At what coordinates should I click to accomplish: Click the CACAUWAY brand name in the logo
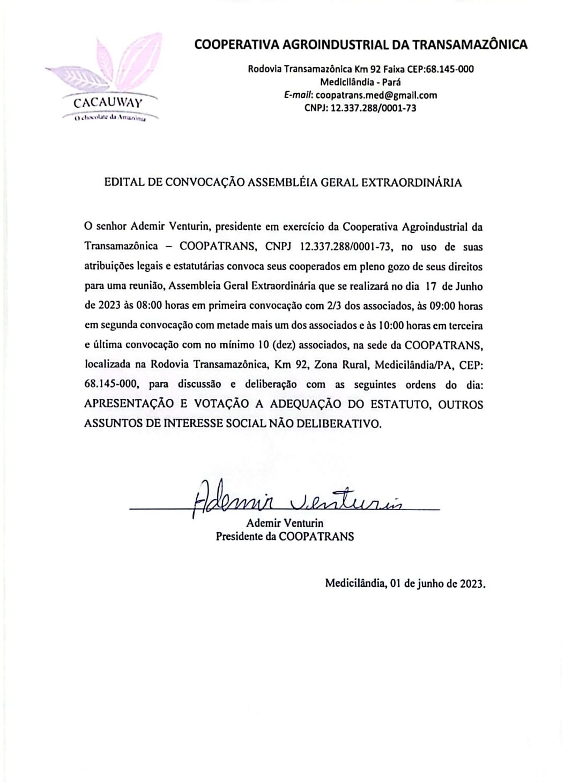click(x=108, y=103)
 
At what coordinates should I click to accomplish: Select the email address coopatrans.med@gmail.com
click(x=376, y=95)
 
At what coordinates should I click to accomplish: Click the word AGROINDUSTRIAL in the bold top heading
click(x=316, y=45)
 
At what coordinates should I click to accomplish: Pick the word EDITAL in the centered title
click(x=124, y=182)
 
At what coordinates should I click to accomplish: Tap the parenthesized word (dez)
click(x=285, y=345)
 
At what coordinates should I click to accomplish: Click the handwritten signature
click(x=295, y=498)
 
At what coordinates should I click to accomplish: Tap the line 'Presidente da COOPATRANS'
click(x=285, y=536)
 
